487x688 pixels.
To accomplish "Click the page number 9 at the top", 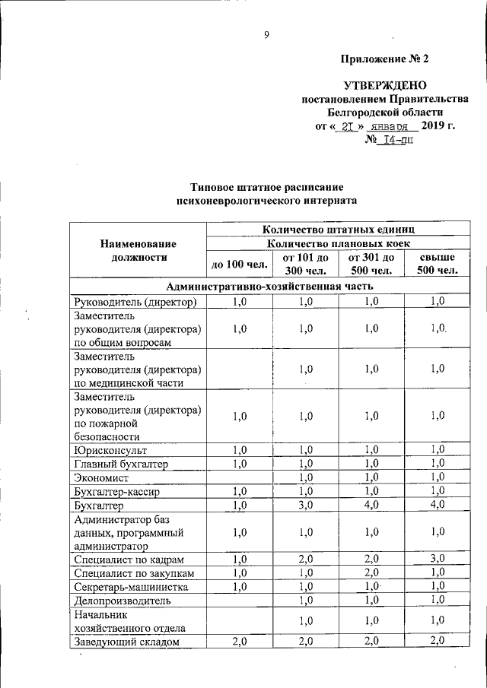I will [267, 33].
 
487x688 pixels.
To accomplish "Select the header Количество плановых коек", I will [338, 243].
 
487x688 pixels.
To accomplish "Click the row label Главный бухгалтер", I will [121, 464].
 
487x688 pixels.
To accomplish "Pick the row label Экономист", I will [101, 477].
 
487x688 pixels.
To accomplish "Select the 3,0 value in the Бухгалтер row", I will [307, 505].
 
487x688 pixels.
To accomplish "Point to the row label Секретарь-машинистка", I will [130, 587].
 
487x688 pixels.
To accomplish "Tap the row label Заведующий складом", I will [126, 642].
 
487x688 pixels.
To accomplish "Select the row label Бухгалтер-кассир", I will [119, 491].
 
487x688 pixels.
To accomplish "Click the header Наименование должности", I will [138, 250].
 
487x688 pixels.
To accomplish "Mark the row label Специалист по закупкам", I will [134, 573].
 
